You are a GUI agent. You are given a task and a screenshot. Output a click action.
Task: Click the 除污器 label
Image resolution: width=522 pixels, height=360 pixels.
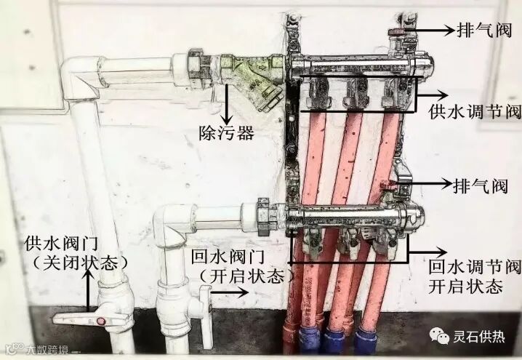pos(226,133)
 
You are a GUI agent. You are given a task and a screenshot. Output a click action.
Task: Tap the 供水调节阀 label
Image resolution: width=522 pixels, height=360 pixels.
pos(475,113)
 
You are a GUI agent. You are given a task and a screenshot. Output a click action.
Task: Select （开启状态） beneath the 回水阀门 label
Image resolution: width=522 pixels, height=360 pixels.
pos(247,276)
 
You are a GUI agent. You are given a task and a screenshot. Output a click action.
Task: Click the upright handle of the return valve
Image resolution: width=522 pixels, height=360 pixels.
pos(205,305)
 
